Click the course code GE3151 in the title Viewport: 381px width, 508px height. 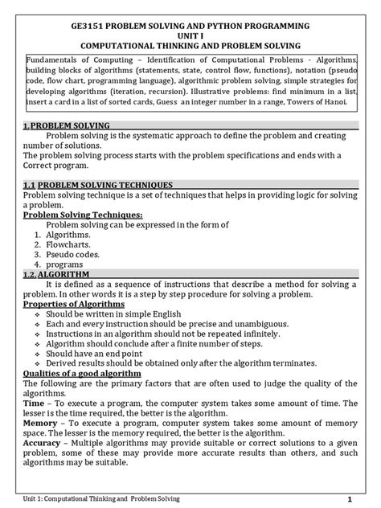[89, 27]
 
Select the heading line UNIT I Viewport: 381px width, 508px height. [190, 37]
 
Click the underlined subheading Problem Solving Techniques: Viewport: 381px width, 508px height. [72, 215]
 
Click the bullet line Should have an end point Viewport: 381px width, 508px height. [96, 352]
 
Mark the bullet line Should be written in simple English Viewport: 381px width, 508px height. [117, 320]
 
